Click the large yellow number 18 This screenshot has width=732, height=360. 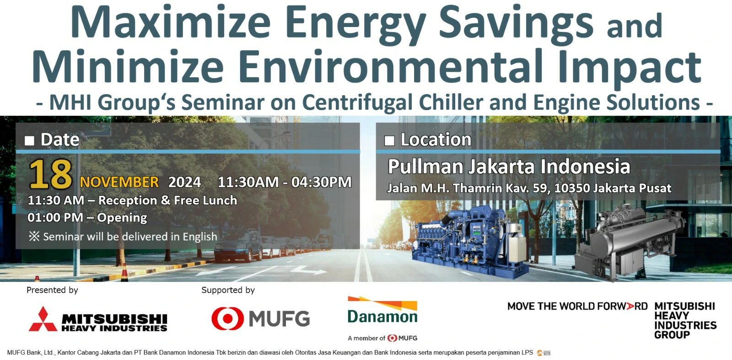coord(51,174)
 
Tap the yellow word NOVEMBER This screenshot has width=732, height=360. coord(119,182)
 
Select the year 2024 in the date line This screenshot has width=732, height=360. coord(184,182)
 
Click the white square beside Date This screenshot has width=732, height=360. coord(29,140)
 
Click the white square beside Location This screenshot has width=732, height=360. coord(389,140)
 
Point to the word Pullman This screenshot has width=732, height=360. coord(425,167)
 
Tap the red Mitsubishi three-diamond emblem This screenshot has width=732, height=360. coord(43,319)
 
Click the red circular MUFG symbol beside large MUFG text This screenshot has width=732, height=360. coord(227,318)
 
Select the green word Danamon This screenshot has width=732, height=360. coord(382,317)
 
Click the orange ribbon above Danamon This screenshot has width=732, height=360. coord(382,303)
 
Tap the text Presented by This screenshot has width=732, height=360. coord(52,290)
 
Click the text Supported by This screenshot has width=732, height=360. coord(228,290)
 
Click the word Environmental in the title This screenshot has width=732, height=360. coord(391,66)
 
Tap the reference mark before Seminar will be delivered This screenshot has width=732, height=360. coord(34,236)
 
